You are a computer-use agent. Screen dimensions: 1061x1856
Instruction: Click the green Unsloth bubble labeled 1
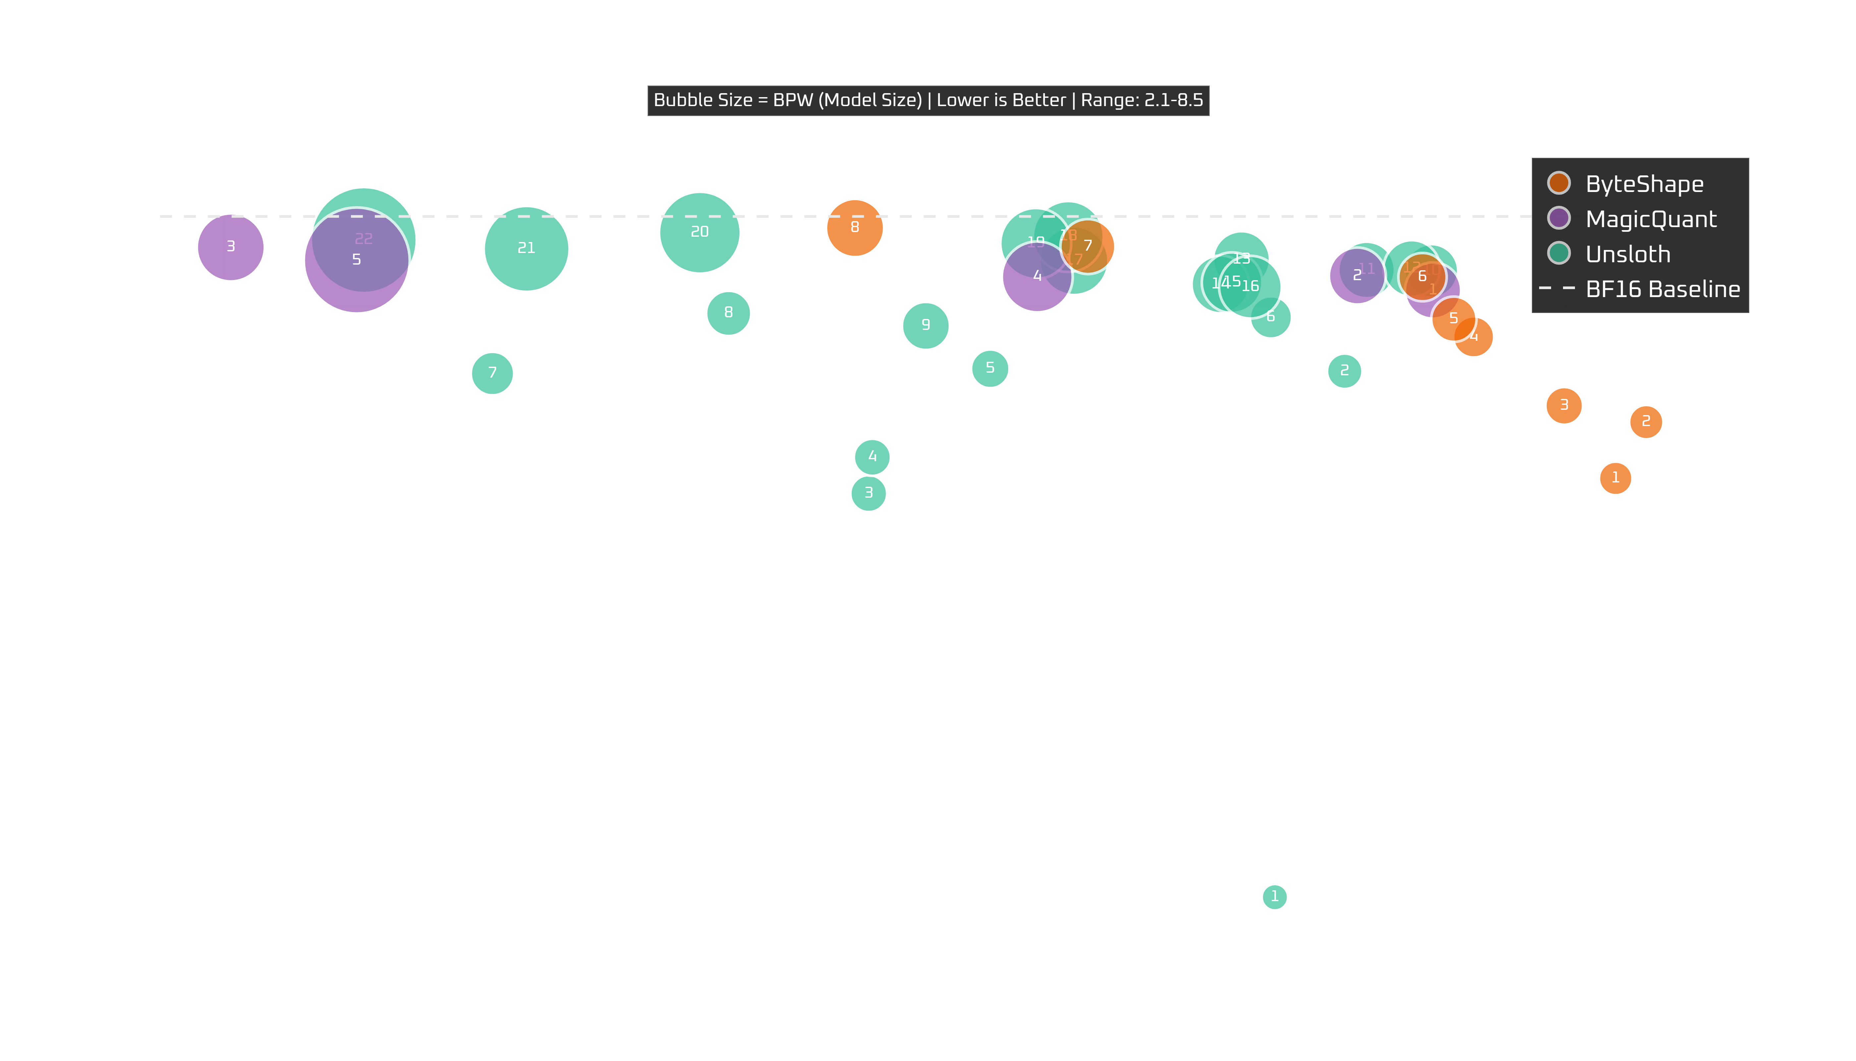tap(1274, 896)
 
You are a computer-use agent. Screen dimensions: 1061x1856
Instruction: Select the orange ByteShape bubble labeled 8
tap(854, 227)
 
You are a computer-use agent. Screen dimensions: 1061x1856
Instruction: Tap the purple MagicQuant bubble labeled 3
tap(230, 247)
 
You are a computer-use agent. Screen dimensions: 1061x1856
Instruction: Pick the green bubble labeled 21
tap(526, 248)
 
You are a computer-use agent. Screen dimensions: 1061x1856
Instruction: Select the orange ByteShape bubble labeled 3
tap(1563, 405)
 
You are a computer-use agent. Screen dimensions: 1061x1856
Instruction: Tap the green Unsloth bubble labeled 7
tap(493, 373)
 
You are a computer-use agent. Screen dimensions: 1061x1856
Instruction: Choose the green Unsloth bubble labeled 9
tap(925, 325)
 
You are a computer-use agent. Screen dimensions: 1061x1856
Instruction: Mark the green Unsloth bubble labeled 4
tap(872, 457)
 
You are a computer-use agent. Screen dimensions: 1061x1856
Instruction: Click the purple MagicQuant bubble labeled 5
tap(356, 260)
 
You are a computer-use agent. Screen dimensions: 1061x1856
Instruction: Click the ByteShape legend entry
tap(1644, 184)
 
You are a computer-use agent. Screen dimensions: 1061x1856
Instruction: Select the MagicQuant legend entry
tap(1651, 219)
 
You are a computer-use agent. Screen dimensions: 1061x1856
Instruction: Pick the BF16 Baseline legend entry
tap(1662, 289)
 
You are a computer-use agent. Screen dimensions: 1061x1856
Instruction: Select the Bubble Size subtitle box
tap(928, 100)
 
